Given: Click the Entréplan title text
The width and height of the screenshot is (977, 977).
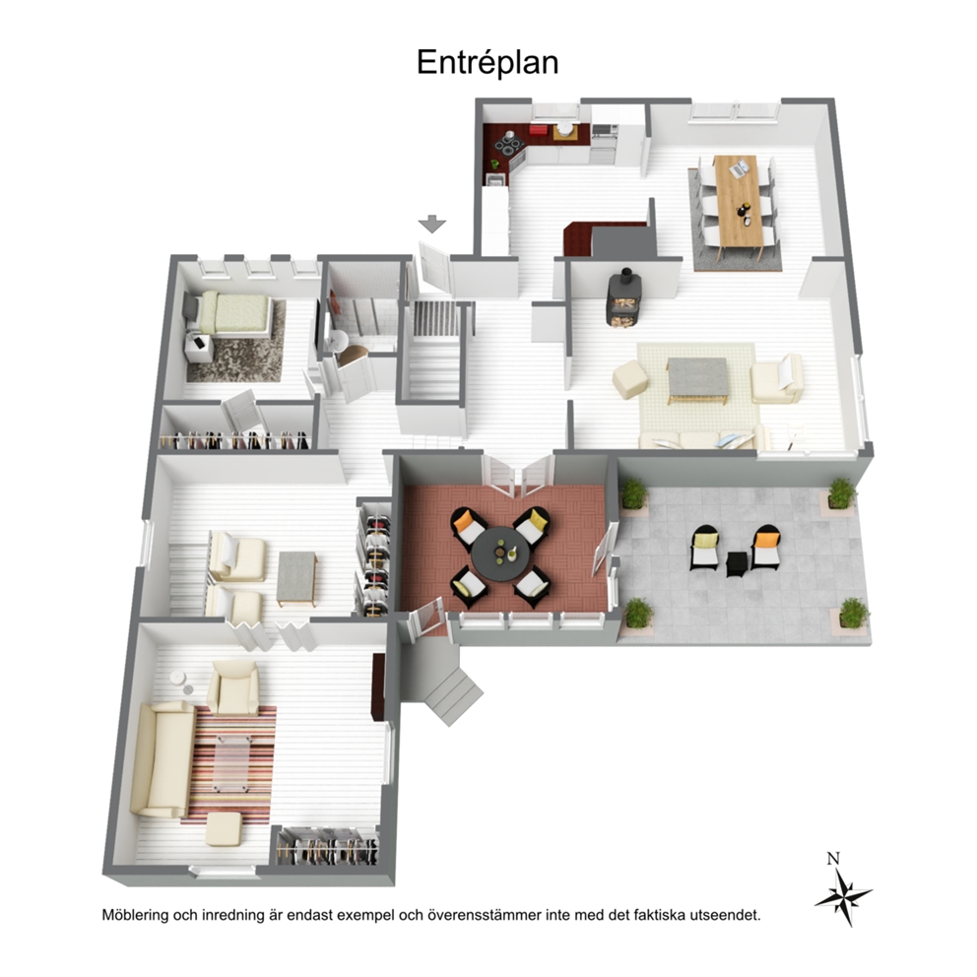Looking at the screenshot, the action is pyautogui.click(x=488, y=63).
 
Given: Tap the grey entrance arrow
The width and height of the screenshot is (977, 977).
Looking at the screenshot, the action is pyautogui.click(x=431, y=224).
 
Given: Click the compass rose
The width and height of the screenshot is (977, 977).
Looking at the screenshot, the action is pyautogui.click(x=843, y=896).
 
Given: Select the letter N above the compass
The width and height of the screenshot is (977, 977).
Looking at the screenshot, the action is pyautogui.click(x=833, y=859).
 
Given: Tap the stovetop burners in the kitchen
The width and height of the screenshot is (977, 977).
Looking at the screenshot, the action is pyautogui.click(x=510, y=145).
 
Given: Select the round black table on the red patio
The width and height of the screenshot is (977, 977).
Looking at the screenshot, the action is pyautogui.click(x=499, y=554).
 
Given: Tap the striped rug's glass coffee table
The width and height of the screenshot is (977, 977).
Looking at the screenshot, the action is pyautogui.click(x=231, y=763).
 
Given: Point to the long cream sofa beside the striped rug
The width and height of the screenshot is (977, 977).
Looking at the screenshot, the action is pyautogui.click(x=162, y=759).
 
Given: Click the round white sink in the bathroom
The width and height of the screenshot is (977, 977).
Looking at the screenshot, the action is pyautogui.click(x=339, y=341).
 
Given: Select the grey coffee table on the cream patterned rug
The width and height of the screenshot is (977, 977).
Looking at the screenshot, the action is pyautogui.click(x=697, y=380).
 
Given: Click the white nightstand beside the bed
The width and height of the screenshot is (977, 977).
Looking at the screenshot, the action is pyautogui.click(x=199, y=348).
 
